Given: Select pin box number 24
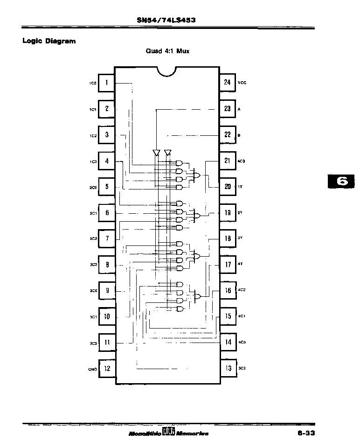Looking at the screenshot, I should [227, 83].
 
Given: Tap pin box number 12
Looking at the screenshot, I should [107, 368].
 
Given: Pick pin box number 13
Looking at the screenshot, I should [228, 368].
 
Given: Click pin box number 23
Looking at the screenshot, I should [227, 109].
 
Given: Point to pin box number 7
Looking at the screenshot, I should [107, 238].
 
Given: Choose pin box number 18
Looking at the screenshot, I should [228, 238].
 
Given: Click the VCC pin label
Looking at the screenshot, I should [242, 83].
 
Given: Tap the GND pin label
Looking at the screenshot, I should [92, 368].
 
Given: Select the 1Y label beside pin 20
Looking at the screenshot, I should [240, 187].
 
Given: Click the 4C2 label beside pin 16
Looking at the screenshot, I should [242, 290].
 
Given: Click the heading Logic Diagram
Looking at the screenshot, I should [49, 41].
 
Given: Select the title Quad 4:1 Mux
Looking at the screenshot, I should [167, 51].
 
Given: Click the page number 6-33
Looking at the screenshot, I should [305, 434].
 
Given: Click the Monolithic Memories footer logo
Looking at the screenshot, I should [168, 433].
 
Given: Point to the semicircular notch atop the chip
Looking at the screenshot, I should [167, 70].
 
